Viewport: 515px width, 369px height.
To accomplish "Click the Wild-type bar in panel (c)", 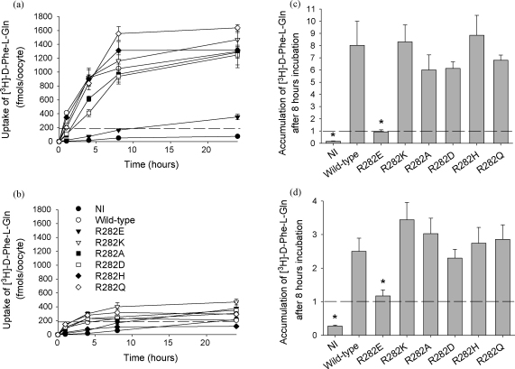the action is pos(357,95).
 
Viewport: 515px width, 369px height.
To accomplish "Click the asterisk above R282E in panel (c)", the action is pos(381,122).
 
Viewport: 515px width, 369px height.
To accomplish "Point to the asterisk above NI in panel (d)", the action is pos(335,318).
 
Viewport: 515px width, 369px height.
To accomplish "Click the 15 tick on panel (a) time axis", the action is pos(170,150).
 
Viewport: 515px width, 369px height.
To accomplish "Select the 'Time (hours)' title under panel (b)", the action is pos(151,357).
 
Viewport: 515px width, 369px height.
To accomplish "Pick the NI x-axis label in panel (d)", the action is pos(334,344).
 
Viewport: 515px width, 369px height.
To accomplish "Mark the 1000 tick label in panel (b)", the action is pos(43,265).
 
